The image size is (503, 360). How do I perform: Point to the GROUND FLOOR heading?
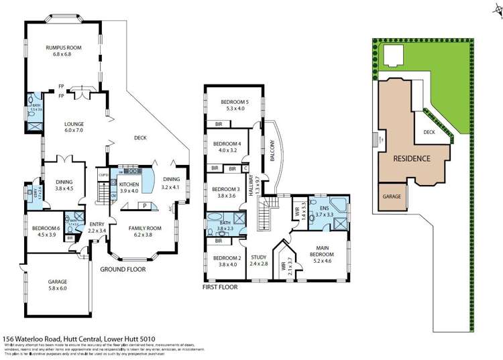(123, 269)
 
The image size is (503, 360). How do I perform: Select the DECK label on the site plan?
(430, 133)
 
